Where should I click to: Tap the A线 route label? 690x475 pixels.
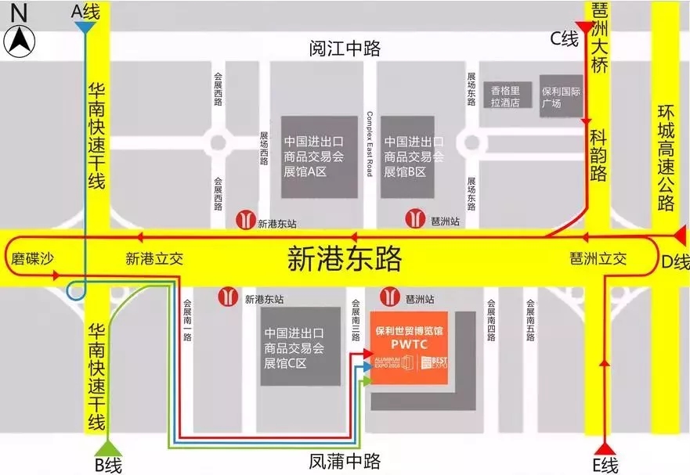(x=86, y=11)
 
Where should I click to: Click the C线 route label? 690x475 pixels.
(x=564, y=38)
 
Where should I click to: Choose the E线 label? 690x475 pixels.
(x=605, y=466)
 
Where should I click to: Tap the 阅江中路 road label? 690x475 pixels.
(x=345, y=49)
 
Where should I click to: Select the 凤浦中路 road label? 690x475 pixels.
(x=345, y=459)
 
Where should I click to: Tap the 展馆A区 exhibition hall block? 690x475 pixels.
(x=314, y=157)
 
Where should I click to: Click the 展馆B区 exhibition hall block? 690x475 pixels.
(x=408, y=157)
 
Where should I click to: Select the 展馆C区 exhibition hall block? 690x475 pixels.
(x=295, y=347)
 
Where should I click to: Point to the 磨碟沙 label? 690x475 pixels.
(x=33, y=259)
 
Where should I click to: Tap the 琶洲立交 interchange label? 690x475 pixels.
(x=598, y=259)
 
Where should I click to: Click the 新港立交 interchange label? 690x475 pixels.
(x=154, y=259)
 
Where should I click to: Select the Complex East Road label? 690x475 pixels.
(x=370, y=144)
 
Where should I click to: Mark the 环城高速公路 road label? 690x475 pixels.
(x=667, y=164)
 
